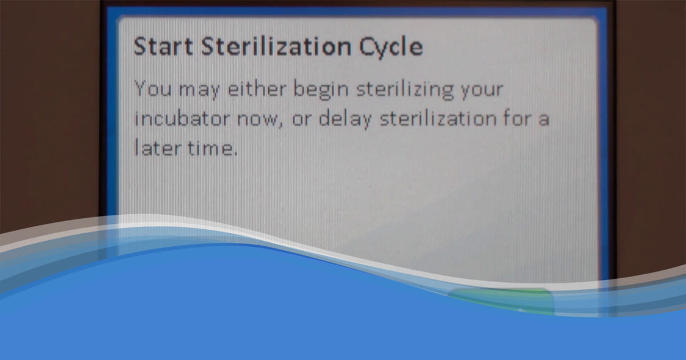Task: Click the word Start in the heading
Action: pyautogui.click(x=163, y=46)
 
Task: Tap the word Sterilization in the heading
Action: pyautogui.click(x=276, y=46)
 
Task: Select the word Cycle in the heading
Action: pyautogui.click(x=391, y=48)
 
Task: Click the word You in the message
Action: pyautogui.click(x=153, y=89)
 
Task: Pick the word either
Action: pyautogui.click(x=257, y=89)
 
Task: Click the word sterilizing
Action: pyautogui.click(x=405, y=90)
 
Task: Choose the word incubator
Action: pyautogui.click(x=182, y=118)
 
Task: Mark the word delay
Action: pyautogui.click(x=345, y=119)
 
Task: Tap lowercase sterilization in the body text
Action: pyautogui.click(x=438, y=118)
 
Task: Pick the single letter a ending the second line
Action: pyautogui.click(x=544, y=119)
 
